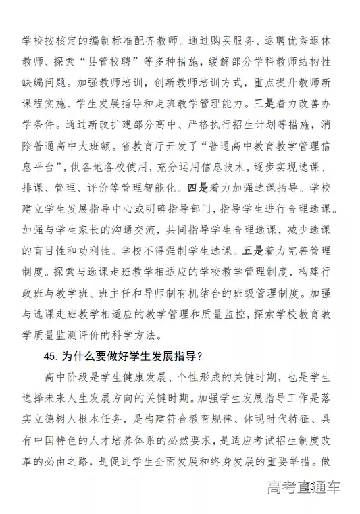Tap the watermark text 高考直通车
(x=303, y=487)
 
